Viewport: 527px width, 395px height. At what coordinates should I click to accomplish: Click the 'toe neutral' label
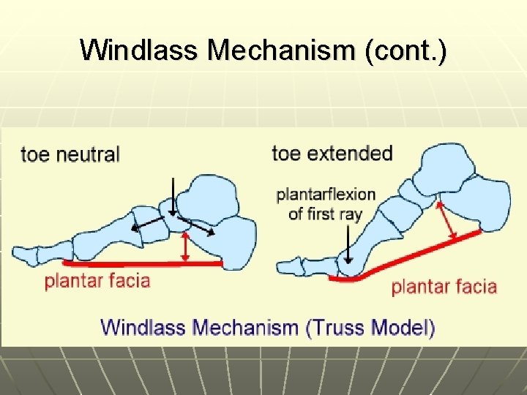[70, 154]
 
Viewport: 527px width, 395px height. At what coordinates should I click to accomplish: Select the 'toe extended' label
[332, 154]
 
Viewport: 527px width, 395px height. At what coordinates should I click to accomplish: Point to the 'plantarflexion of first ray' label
[326, 204]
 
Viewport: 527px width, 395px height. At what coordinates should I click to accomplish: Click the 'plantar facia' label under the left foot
[97, 280]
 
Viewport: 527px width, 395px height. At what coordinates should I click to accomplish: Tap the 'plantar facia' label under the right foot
[444, 286]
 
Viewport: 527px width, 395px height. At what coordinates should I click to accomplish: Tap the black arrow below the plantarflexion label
[346, 245]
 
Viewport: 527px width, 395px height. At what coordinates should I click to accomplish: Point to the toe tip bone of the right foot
[288, 266]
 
